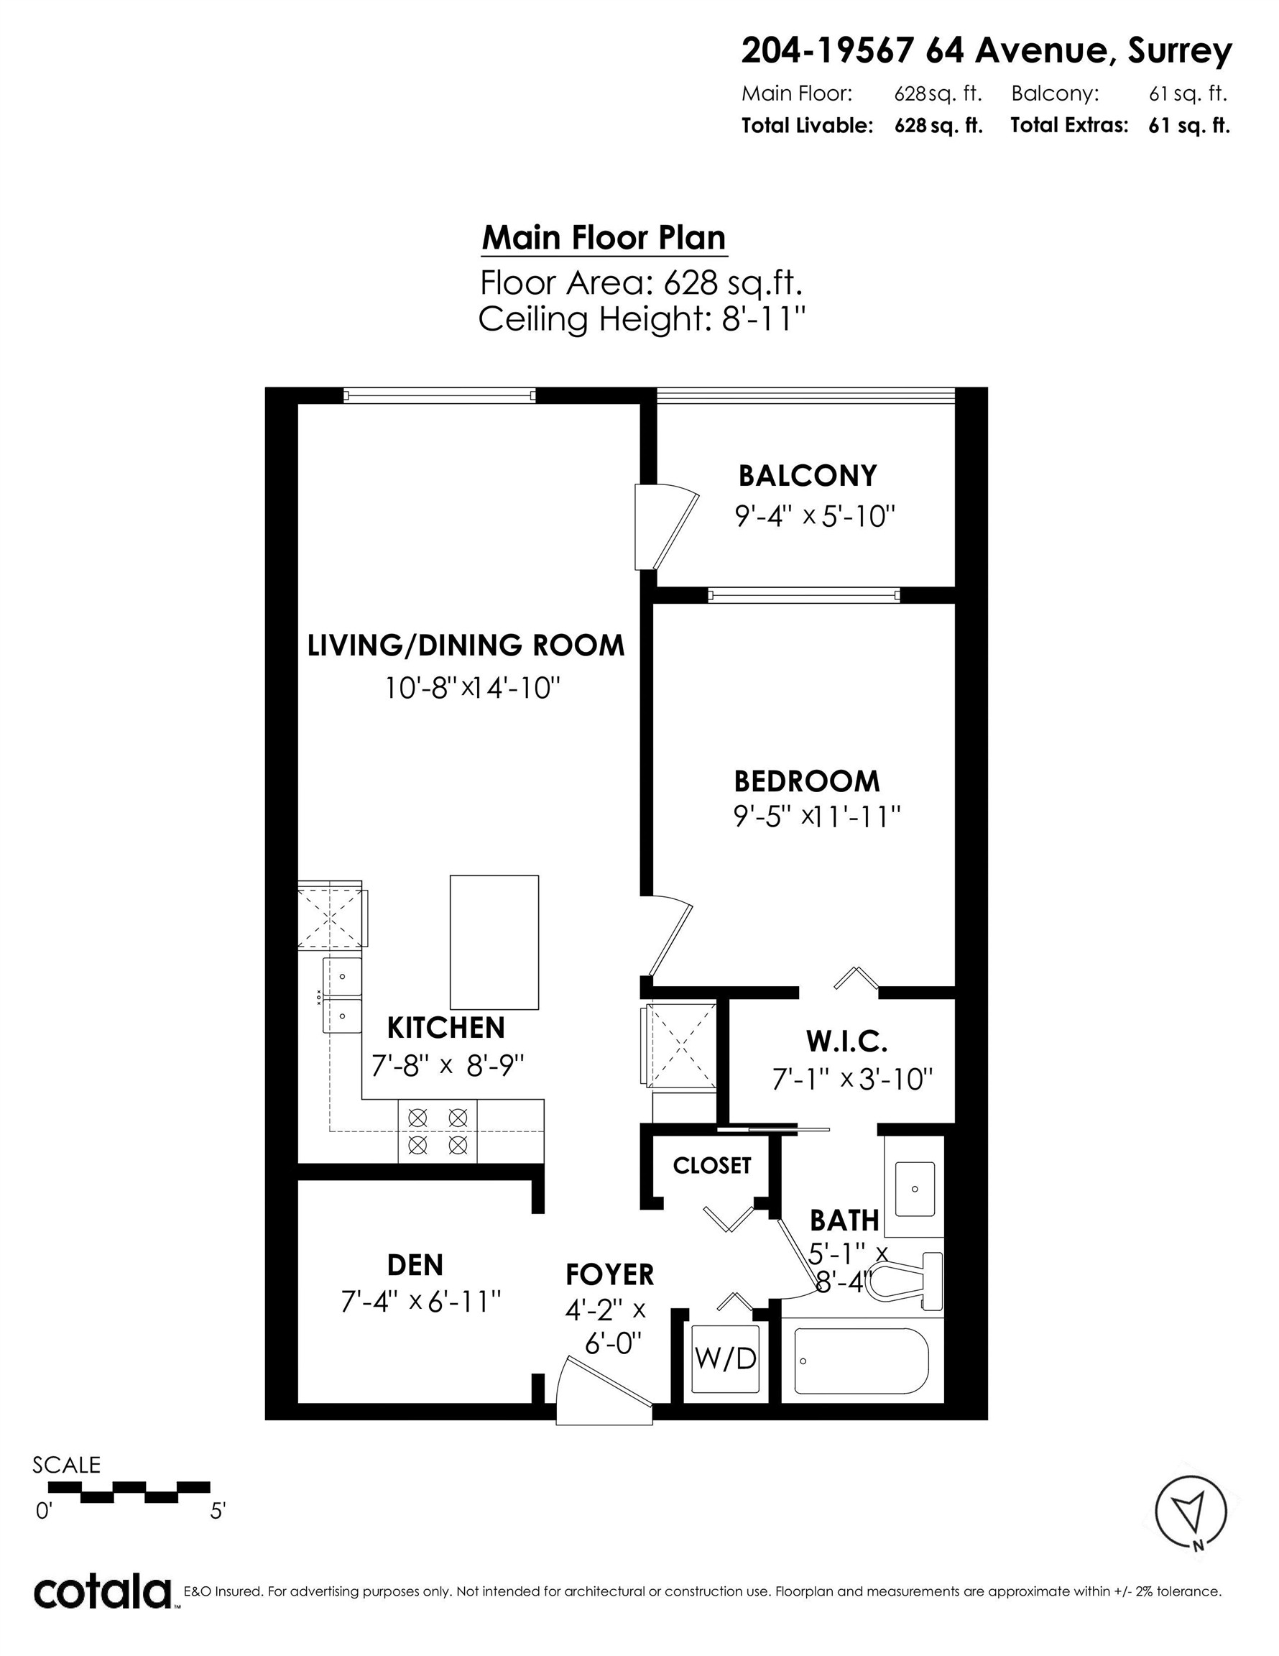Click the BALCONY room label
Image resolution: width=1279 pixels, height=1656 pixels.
click(808, 475)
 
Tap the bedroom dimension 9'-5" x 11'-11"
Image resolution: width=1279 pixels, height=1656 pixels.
click(816, 816)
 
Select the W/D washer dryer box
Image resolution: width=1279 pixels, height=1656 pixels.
click(726, 1358)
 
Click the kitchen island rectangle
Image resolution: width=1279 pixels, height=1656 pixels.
click(494, 942)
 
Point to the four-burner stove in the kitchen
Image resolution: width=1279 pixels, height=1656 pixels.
click(438, 1130)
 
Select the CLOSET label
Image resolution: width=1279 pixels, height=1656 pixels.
click(711, 1165)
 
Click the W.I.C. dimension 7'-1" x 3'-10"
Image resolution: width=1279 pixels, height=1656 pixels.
click(852, 1079)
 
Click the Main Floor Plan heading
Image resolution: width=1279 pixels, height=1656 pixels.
click(604, 238)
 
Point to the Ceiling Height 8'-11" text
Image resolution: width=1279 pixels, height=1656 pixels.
click(641, 319)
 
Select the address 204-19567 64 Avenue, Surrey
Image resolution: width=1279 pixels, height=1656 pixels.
click(986, 51)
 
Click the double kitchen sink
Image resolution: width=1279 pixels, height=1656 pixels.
click(342, 994)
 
